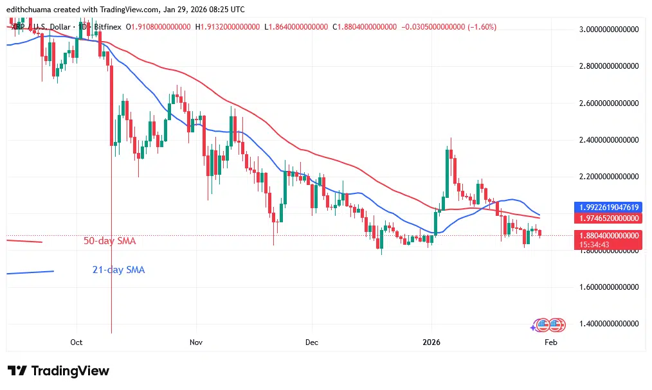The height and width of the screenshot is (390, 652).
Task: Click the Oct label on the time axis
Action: pos(77,342)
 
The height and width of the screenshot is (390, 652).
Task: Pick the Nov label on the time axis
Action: pos(196,342)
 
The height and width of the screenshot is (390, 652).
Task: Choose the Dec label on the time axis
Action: pos(311,342)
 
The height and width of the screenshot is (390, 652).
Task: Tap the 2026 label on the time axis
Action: pos(431,342)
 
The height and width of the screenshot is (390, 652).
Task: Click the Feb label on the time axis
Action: pos(550,342)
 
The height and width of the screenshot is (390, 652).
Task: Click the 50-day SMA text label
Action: pos(109,241)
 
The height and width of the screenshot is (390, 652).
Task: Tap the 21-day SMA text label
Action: pos(118,270)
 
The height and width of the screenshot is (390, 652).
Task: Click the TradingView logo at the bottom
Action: pos(59,371)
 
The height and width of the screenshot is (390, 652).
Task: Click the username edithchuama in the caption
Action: pos(32,10)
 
